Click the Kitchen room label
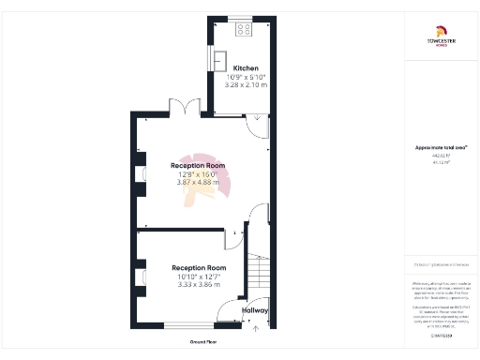click(x=246, y=68)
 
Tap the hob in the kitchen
click(x=244, y=28)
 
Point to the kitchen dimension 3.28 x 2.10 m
click(x=246, y=84)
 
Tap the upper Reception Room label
click(x=197, y=165)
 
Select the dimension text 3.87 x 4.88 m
click(x=197, y=182)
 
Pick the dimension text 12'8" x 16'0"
click(x=197, y=173)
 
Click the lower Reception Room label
click(x=199, y=267)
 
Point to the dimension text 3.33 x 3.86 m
click(x=199, y=284)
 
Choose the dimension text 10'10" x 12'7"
click(x=199, y=276)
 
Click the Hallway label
click(x=255, y=310)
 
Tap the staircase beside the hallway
click(x=259, y=272)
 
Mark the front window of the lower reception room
click(x=184, y=323)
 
